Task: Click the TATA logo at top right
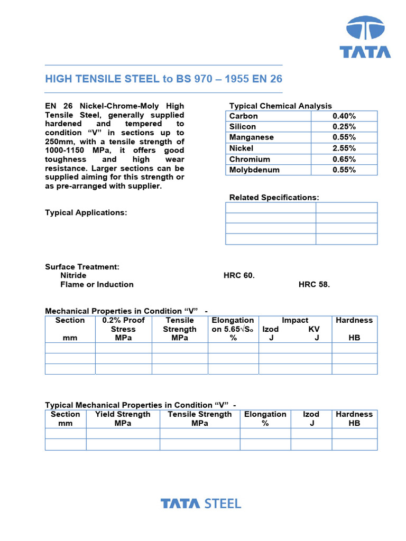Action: coord(365,36)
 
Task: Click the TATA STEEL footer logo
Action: coord(201,503)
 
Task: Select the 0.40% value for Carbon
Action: coord(344,116)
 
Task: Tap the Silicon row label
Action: coord(243,127)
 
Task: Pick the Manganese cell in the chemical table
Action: coord(252,137)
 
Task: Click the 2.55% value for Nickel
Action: coord(344,148)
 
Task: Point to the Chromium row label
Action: coord(250,159)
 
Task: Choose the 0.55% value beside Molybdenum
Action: coord(344,170)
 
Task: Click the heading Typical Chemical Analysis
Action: coord(280,106)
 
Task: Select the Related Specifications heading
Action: coord(274,197)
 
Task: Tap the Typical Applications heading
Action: coord(86,212)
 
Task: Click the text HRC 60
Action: coord(239,275)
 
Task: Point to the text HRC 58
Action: coord(314,284)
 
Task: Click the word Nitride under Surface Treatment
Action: coord(73,275)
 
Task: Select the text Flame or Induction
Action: coord(97,284)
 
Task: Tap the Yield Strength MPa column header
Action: coord(123,419)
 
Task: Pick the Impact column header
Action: coord(294,320)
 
